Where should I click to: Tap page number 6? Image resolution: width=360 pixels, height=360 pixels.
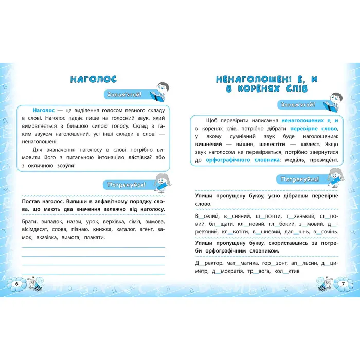tap(16, 284)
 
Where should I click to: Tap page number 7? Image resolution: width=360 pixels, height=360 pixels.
tap(343, 283)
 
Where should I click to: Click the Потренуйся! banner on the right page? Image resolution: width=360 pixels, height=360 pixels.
tap(297, 179)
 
